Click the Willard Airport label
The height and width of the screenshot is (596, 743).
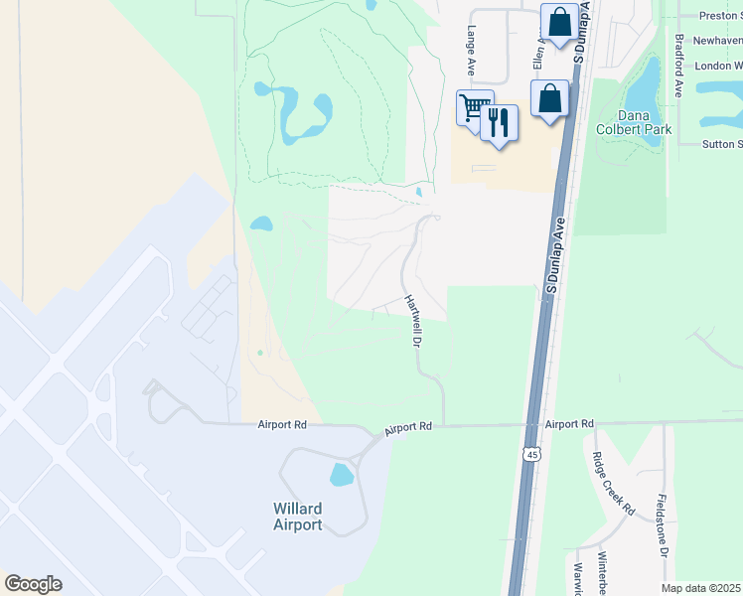pos(298,517)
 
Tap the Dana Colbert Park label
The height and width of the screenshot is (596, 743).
pos(633,122)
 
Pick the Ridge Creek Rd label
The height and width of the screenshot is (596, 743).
pos(613,484)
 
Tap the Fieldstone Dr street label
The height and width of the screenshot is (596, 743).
pos(662,526)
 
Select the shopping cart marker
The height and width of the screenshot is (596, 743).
pos(475,106)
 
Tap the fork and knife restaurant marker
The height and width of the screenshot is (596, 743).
pos(499,122)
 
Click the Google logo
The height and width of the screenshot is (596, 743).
pos(33,584)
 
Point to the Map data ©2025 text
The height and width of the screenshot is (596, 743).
pos(701,588)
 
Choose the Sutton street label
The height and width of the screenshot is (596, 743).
pos(722,144)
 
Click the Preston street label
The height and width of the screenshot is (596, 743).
pos(720,16)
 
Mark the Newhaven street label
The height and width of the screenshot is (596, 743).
pos(717,41)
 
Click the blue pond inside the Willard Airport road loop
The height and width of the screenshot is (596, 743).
pos(341,475)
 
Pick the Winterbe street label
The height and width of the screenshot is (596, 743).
pos(602,574)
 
